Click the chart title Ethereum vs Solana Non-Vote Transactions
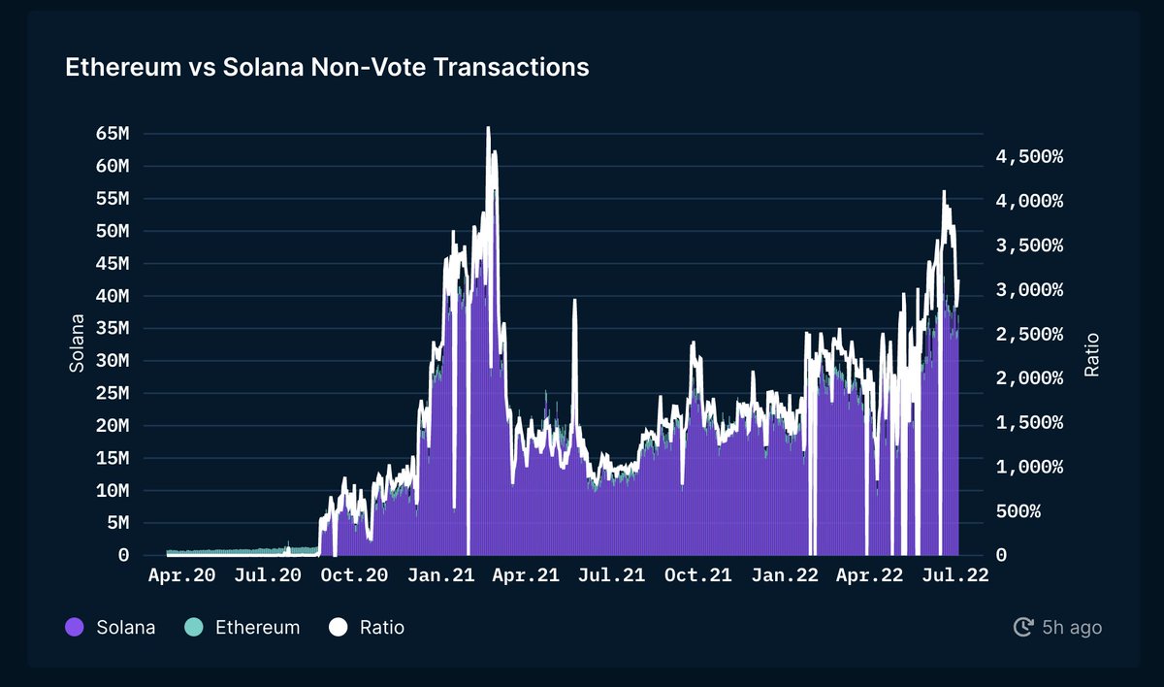tap(327, 67)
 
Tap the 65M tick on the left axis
tap(113, 133)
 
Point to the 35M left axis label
tap(113, 328)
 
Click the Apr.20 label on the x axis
tap(180, 575)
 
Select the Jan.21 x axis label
tap(442, 575)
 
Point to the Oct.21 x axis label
tap(697, 575)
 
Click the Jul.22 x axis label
tap(954, 575)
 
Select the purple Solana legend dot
tap(75, 628)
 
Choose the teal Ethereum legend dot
tap(193, 628)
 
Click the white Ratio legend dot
tap(338, 628)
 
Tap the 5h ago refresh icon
tap(1022, 628)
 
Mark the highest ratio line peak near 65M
tap(488, 128)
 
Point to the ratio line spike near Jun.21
tap(574, 302)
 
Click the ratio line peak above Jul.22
tap(944, 192)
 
